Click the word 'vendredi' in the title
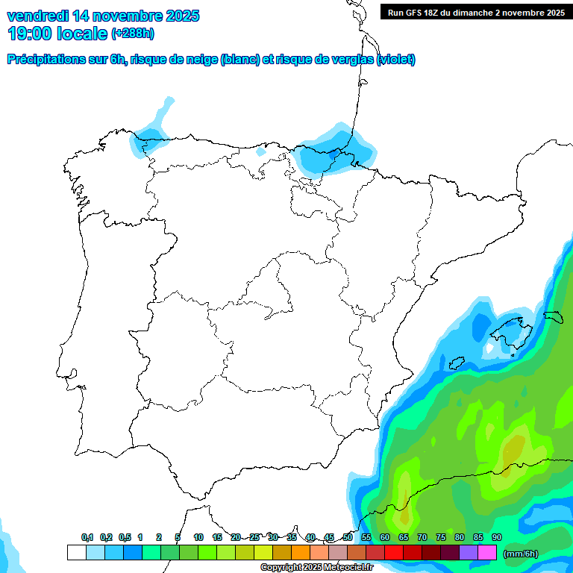point(37,16)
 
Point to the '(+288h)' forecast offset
point(133,34)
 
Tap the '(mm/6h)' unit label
point(521,554)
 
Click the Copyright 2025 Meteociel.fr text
point(316,568)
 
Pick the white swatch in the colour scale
point(76,553)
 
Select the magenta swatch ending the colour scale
point(487,553)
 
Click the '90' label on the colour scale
point(497,537)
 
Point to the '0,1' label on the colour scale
point(87,537)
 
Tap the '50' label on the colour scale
point(348,537)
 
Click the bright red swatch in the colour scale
point(394,553)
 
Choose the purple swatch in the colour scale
point(469,553)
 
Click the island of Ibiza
point(457,363)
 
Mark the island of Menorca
point(552,316)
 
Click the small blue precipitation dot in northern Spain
point(260,152)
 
